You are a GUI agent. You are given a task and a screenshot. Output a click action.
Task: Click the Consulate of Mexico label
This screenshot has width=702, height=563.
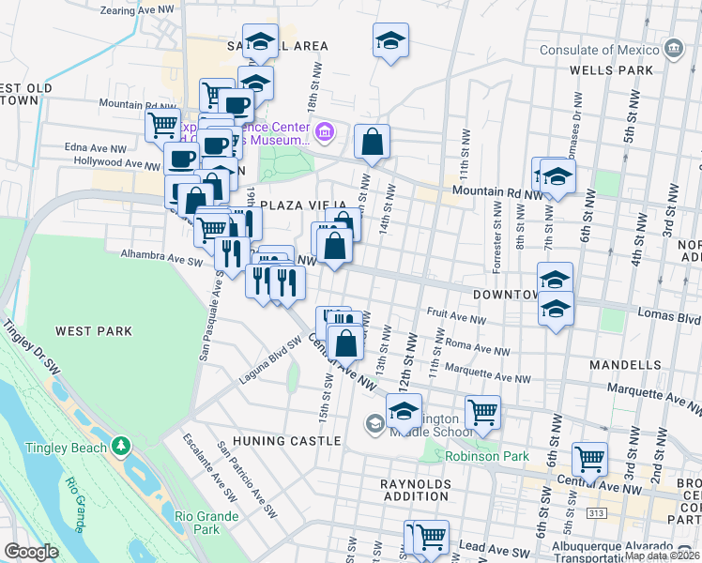(597, 48)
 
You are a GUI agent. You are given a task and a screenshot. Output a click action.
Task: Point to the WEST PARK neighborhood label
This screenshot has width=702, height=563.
(93, 331)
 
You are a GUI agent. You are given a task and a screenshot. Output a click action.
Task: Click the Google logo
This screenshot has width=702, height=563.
(31, 552)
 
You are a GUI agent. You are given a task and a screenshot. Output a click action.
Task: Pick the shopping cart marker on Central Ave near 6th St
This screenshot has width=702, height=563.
(589, 459)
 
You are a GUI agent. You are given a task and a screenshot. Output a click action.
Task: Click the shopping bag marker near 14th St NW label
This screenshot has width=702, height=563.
(373, 143)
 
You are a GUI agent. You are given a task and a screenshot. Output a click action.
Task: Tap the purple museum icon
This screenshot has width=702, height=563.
(325, 132)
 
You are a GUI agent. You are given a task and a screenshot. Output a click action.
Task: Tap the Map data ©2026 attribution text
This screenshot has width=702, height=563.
(663, 555)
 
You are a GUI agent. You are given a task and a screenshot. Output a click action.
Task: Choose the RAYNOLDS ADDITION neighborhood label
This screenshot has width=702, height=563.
(416, 492)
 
